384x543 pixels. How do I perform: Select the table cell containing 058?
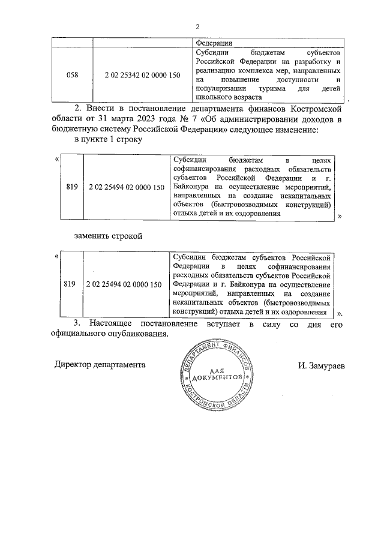tap(71, 75)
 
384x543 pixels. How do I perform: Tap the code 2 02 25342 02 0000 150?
tap(142, 75)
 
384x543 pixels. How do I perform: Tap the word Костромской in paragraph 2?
tap(320, 108)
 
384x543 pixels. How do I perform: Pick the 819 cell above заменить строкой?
tap(72, 187)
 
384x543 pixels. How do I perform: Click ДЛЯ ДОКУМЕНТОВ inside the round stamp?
tap(220, 376)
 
